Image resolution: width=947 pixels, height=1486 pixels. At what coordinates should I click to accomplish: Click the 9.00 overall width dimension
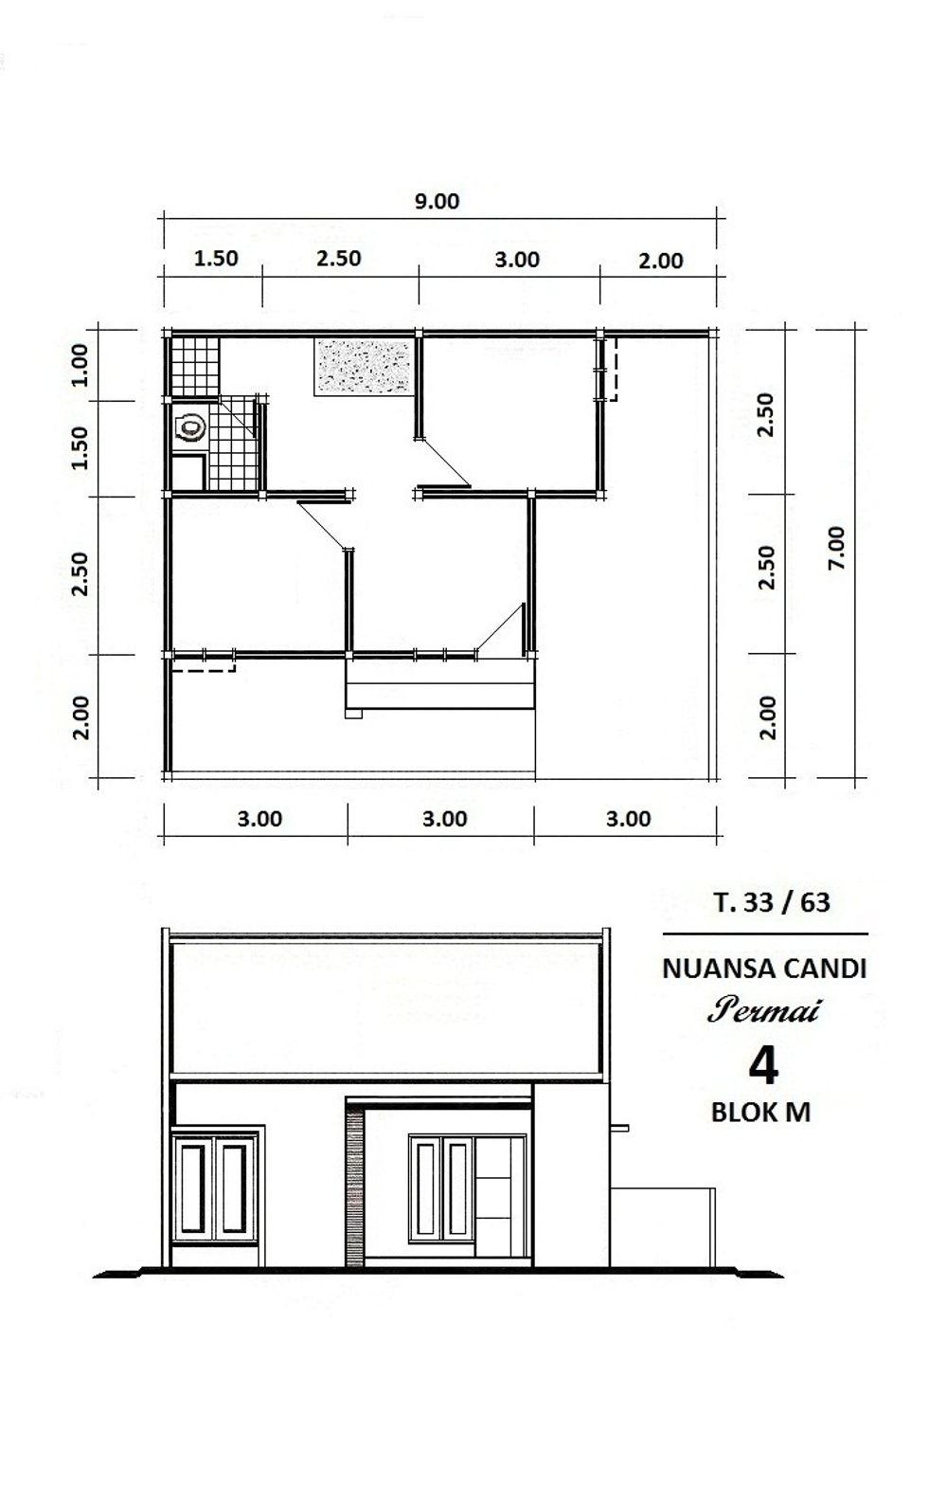[437, 201]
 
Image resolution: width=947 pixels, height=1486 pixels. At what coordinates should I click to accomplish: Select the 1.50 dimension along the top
[215, 258]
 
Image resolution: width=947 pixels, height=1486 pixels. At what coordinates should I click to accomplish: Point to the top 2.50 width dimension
[338, 258]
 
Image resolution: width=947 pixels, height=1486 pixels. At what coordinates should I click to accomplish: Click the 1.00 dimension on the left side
[80, 364]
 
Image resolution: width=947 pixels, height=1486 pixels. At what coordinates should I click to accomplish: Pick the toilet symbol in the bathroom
[190, 428]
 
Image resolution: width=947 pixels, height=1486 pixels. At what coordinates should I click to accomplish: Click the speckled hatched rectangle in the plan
[363, 367]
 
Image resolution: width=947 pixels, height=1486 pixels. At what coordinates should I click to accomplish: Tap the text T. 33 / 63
[772, 902]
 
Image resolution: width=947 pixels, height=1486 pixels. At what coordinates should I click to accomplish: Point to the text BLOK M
[760, 1112]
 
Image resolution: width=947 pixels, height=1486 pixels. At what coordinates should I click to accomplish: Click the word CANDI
[825, 970]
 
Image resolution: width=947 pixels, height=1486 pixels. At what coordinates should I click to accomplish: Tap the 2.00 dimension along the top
[661, 261]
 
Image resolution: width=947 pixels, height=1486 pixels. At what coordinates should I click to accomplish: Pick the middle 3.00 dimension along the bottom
[445, 819]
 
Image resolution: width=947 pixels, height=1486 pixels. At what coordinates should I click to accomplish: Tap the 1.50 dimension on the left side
[80, 447]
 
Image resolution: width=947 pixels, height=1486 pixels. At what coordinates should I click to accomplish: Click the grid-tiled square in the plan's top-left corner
[195, 366]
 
